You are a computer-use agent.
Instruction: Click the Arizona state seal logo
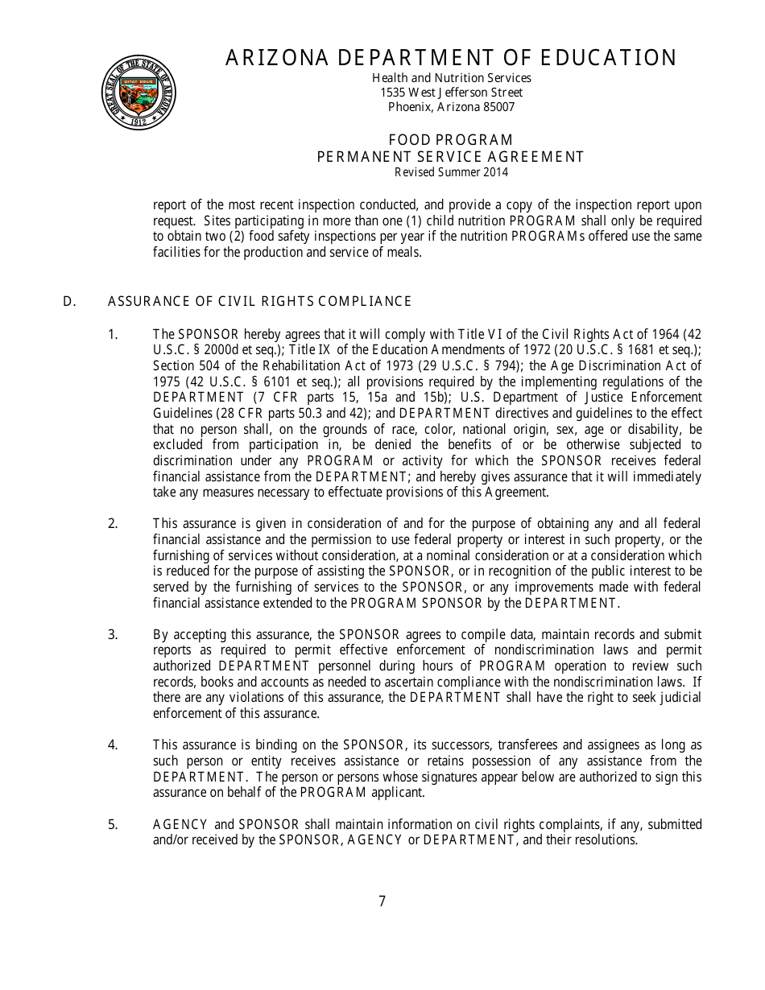[139, 93]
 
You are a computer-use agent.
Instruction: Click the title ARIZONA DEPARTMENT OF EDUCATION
[451, 58]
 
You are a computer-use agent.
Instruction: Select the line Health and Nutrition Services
[451, 78]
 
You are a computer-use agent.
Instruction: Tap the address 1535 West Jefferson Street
[451, 93]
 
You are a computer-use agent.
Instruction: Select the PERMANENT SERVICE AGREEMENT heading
[451, 157]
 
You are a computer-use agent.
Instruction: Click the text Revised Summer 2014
[451, 172]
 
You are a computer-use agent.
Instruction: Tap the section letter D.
[69, 302]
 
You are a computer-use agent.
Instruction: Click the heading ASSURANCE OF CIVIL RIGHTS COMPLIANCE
[259, 302]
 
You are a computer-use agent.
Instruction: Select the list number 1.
[113, 334]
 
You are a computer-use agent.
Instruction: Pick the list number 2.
[113, 524]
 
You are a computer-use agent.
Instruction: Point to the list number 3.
[113, 634]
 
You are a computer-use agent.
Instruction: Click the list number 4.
[113, 745]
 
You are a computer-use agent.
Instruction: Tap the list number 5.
[113, 824]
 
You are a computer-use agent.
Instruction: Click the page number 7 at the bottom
[382, 901]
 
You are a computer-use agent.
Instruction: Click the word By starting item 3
[160, 634]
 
